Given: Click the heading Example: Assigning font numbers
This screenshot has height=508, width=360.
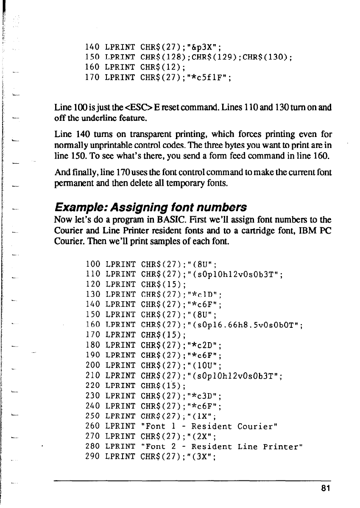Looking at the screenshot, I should (151, 207).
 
